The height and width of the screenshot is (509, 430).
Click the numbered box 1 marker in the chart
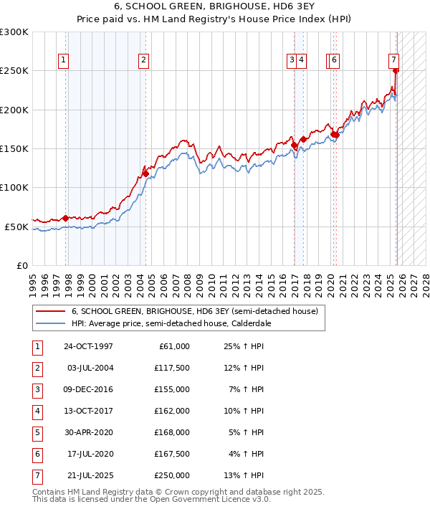pyautogui.click(x=64, y=61)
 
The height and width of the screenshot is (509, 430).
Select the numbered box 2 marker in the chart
pyautogui.click(x=144, y=61)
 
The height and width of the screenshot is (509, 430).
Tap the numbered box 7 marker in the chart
pyautogui.click(x=394, y=60)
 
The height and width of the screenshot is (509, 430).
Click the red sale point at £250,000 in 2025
pyautogui.click(x=396, y=71)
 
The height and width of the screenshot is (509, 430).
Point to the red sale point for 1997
pyautogui.click(x=66, y=218)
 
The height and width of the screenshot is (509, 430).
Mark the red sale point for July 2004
pyautogui.click(x=145, y=173)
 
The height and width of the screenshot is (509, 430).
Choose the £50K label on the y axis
pyautogui.click(x=16, y=227)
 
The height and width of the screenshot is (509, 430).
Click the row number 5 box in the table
pyautogui.click(x=37, y=432)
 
